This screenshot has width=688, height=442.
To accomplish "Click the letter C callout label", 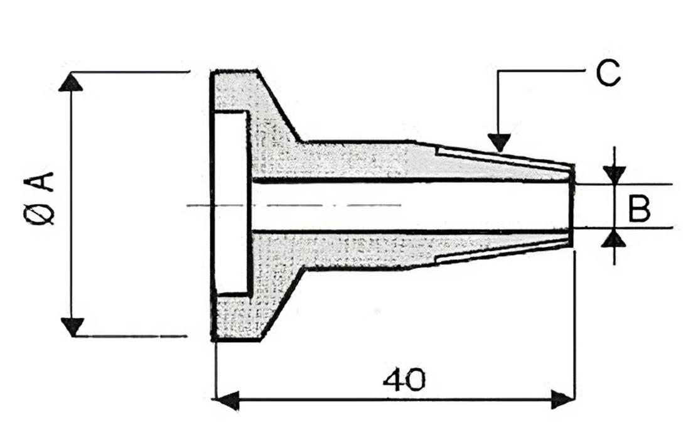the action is (608, 73).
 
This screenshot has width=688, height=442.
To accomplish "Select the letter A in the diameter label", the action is (43, 181).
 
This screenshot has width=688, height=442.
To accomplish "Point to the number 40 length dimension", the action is (404, 380).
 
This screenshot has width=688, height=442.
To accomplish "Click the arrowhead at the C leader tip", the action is (499, 143).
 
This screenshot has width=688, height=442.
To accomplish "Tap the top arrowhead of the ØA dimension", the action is (70, 82).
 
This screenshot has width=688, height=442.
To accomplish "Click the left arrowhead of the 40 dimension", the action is (225, 399).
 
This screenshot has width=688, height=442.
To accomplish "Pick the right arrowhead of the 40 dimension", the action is (562, 399).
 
